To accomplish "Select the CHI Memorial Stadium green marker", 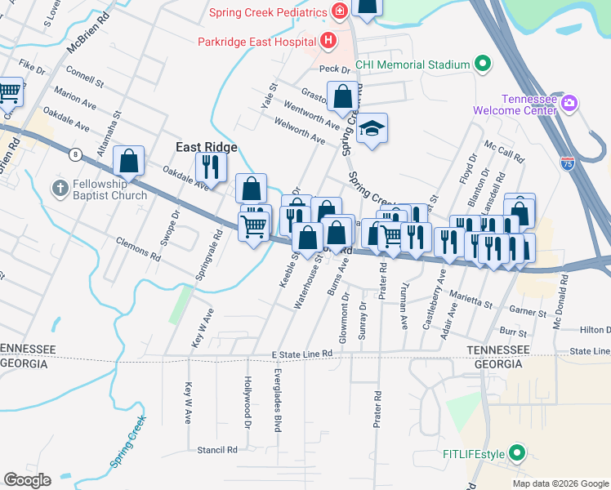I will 482,65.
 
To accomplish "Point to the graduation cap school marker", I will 372,128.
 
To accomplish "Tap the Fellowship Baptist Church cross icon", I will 60,189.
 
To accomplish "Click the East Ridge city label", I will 207,147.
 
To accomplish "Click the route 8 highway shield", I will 76,154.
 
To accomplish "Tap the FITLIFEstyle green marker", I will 516,452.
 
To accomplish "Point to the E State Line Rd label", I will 303,353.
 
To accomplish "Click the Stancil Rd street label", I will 216,449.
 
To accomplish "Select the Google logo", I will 27,480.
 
